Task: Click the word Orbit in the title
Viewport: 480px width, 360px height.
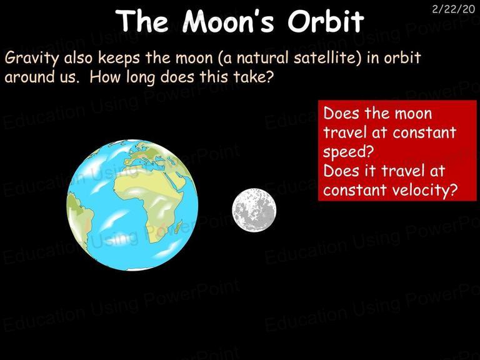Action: pos(326,21)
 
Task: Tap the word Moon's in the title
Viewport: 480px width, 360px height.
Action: pos(227,21)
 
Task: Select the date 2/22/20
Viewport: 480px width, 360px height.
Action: pos(453,9)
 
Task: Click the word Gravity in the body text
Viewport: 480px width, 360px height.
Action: pos(31,59)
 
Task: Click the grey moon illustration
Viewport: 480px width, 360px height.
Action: pos(254,210)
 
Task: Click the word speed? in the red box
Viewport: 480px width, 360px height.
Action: pos(348,152)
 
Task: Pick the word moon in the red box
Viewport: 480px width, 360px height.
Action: pos(413,114)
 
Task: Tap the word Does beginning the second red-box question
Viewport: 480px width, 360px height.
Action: pos(341,171)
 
